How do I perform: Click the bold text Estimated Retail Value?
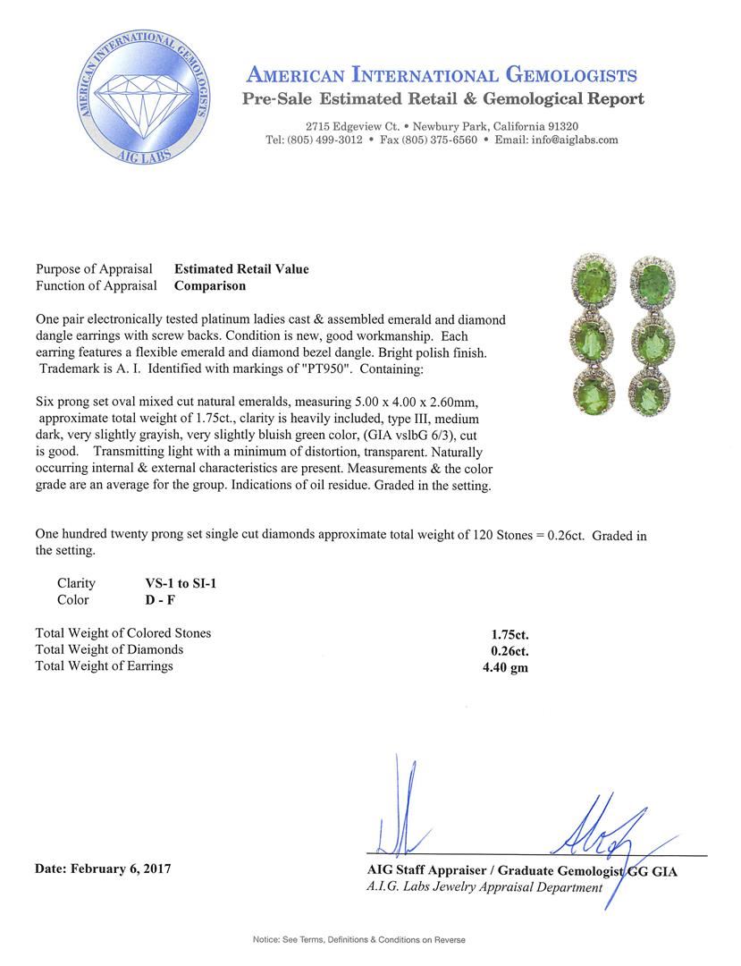[x=241, y=268]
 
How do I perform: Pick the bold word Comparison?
[x=209, y=286]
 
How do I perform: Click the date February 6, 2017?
[x=103, y=868]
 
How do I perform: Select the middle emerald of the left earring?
[x=596, y=337]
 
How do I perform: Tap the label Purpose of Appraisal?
[x=93, y=268]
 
